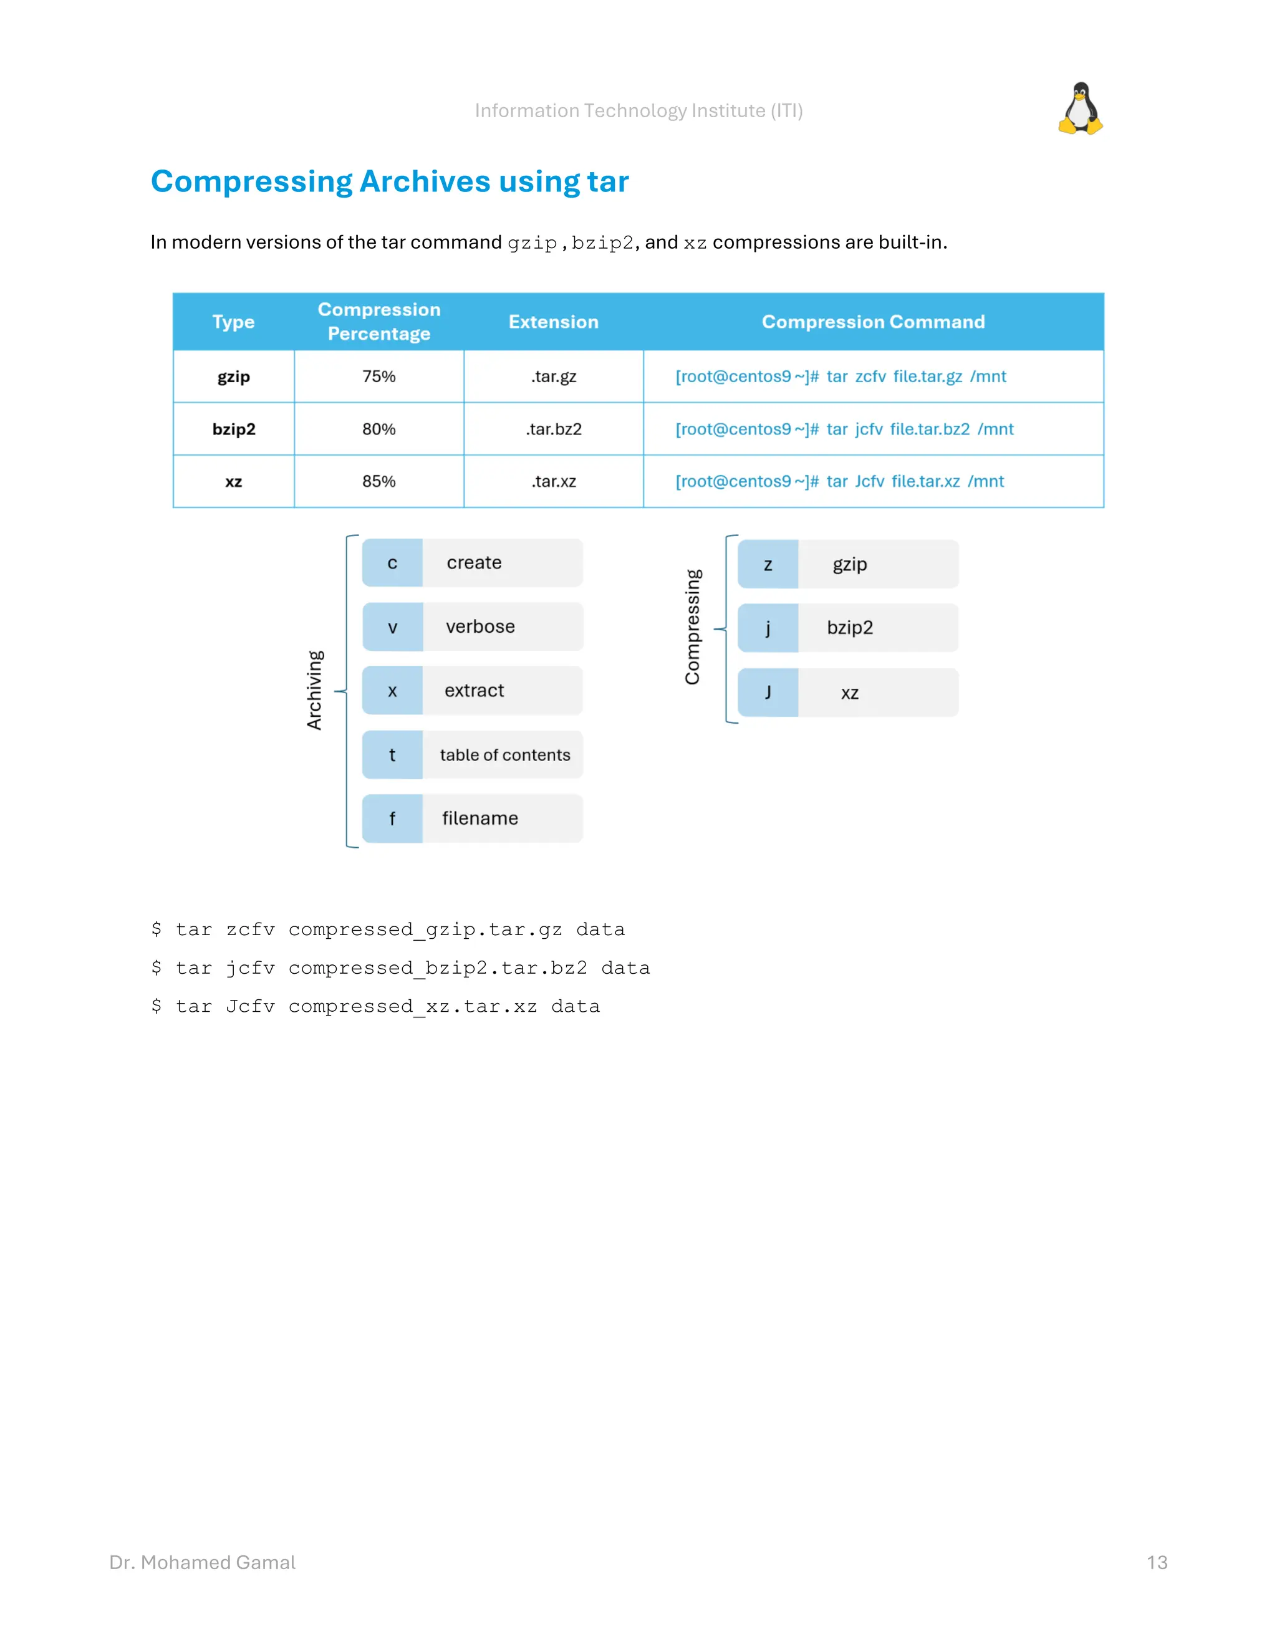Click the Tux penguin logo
(x=1081, y=109)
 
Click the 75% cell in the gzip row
(x=379, y=377)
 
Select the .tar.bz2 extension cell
(x=554, y=430)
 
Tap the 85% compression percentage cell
(x=379, y=482)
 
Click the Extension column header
(x=554, y=322)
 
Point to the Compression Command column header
(x=873, y=322)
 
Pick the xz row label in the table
(x=234, y=482)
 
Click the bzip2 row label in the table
(x=234, y=430)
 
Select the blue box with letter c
(x=392, y=564)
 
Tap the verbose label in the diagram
(x=480, y=627)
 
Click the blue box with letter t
(x=392, y=755)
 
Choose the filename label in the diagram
(x=480, y=819)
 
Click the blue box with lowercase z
(x=768, y=565)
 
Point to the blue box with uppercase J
(x=768, y=693)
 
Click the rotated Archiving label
(x=315, y=690)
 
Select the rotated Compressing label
(x=693, y=627)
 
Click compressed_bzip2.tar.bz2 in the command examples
(x=438, y=968)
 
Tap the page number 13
(x=1157, y=1563)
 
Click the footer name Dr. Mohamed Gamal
(x=203, y=1563)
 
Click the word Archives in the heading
(x=425, y=182)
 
